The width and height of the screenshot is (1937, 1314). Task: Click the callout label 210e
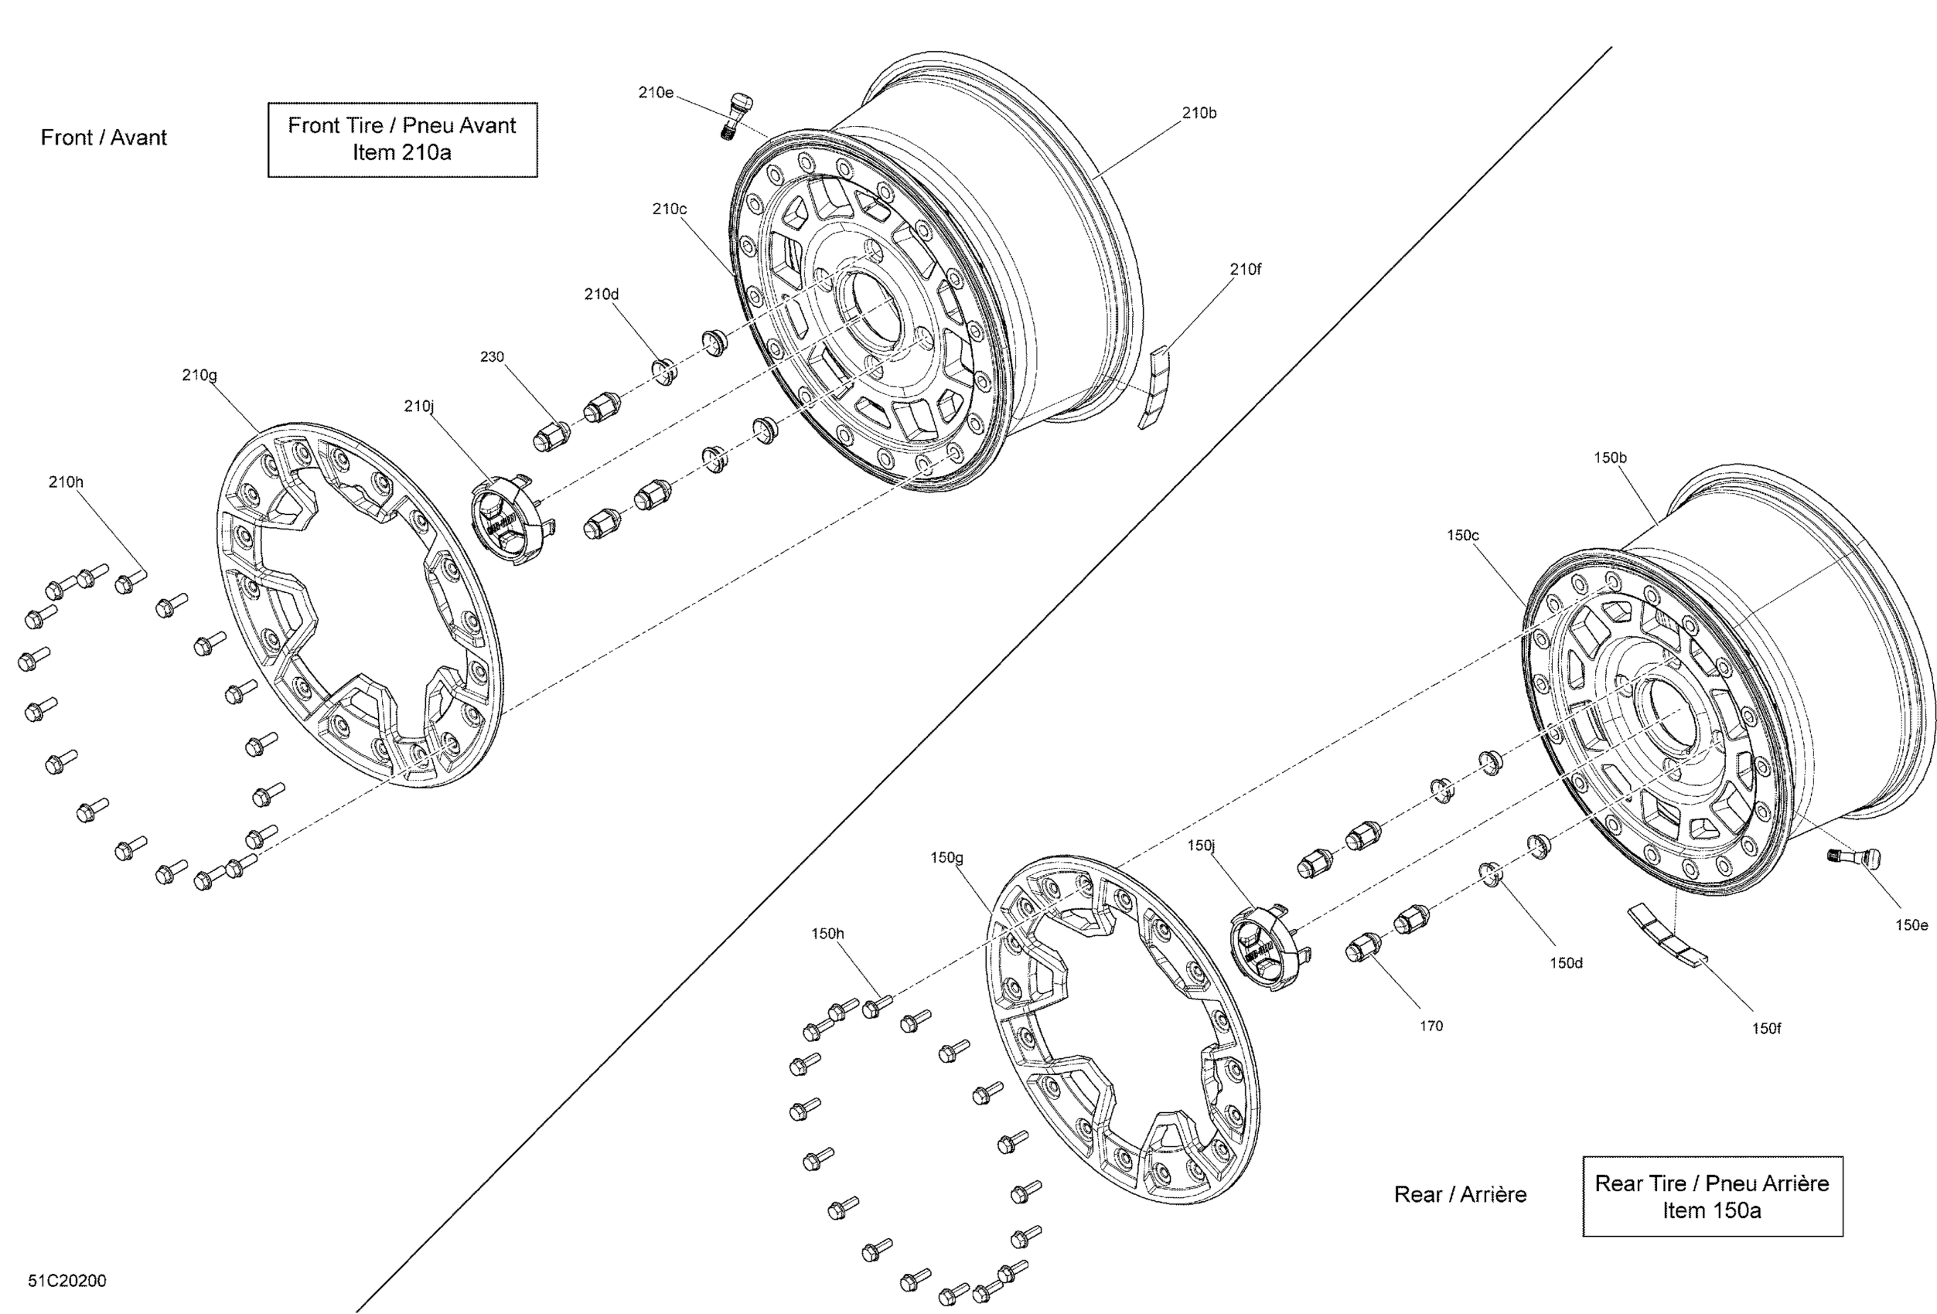(x=655, y=93)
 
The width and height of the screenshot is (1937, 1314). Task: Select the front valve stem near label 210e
(x=736, y=114)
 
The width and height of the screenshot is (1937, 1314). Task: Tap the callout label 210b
(x=1199, y=113)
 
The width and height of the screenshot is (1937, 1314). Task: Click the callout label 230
(x=492, y=356)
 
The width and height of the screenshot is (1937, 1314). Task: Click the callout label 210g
(x=199, y=375)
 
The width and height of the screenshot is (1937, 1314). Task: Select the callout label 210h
(x=66, y=482)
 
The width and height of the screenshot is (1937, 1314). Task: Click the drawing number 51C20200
(x=67, y=1281)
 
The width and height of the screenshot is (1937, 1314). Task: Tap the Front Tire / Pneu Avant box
(x=402, y=139)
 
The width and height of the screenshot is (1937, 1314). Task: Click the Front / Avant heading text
(x=104, y=138)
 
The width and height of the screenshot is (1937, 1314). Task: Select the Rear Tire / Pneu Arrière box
(x=1711, y=1196)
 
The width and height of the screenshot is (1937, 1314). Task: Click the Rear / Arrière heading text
(x=1460, y=1194)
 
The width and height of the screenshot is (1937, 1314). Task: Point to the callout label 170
(x=1431, y=1026)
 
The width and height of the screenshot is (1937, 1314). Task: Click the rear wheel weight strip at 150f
(x=1667, y=937)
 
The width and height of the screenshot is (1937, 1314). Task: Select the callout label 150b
(x=1609, y=458)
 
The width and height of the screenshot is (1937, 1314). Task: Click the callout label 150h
(x=827, y=933)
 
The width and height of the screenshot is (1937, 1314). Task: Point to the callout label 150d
(x=1565, y=962)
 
